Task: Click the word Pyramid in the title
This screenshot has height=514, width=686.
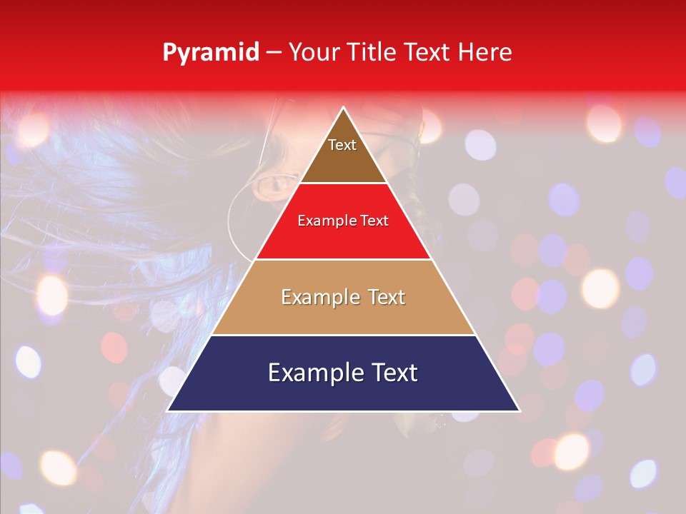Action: click(x=211, y=52)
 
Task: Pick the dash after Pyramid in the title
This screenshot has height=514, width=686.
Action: click(x=274, y=53)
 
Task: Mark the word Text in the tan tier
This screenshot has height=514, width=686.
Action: click(x=384, y=297)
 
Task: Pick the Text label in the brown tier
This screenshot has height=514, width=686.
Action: click(x=342, y=145)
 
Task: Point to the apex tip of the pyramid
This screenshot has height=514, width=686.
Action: click(x=344, y=108)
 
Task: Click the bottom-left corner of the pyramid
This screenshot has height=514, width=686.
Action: click(x=168, y=410)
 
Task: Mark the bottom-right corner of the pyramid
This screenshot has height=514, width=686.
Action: click(x=520, y=410)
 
